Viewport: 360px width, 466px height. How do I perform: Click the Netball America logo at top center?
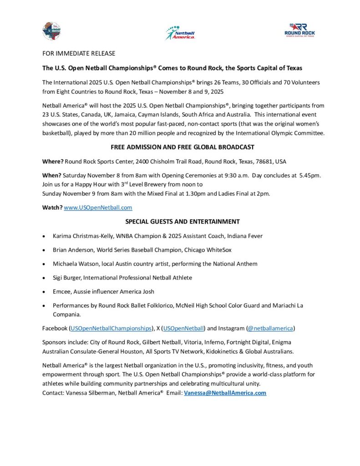[180, 33]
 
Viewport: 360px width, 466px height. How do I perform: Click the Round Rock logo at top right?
[299, 30]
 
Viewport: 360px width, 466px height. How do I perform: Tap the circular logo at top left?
[51, 31]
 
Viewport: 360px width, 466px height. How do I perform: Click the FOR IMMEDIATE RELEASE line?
[79, 54]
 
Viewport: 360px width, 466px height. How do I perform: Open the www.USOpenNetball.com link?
[98, 208]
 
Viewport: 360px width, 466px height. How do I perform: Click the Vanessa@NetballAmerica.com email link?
[225, 393]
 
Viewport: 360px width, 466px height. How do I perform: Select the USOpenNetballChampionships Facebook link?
[111, 328]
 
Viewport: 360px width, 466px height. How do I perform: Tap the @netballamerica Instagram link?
[271, 328]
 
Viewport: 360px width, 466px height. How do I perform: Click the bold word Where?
[53, 162]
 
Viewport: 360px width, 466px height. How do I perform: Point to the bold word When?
[52, 175]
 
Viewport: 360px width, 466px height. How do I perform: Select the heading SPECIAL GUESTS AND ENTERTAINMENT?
[182, 222]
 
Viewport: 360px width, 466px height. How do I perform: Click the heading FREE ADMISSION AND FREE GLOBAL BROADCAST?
[182, 147]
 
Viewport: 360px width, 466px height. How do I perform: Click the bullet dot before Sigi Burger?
[43, 278]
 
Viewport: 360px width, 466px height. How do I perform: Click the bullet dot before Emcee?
[43, 292]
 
